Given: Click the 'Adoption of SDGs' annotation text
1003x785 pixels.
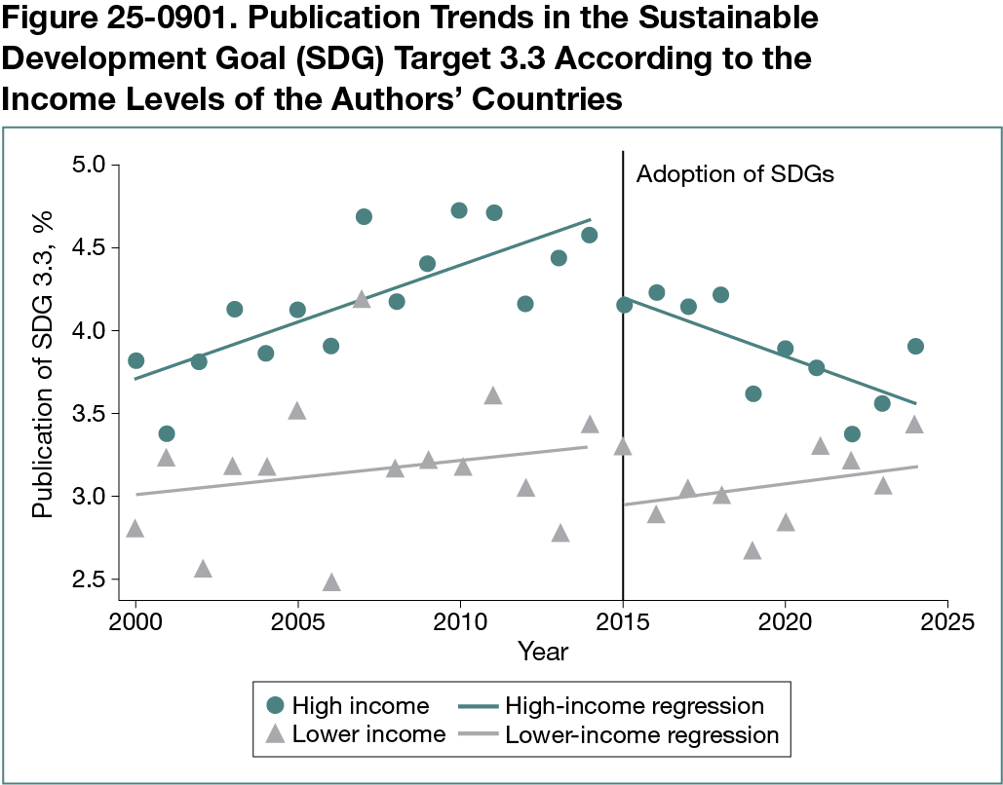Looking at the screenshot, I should (735, 175).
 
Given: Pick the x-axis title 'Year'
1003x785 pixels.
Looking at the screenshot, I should (542, 651).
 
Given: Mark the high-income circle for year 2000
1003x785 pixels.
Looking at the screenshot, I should (135, 360).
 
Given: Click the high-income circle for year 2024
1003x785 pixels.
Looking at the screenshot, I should (914, 346).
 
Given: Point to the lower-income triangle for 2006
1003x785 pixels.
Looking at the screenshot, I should (330, 582).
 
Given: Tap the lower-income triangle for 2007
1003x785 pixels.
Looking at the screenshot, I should (362, 299).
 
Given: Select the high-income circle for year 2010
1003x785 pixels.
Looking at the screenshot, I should (459, 210).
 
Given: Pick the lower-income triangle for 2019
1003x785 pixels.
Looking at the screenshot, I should (752, 551).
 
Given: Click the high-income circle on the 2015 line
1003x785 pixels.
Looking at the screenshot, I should (624, 305).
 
